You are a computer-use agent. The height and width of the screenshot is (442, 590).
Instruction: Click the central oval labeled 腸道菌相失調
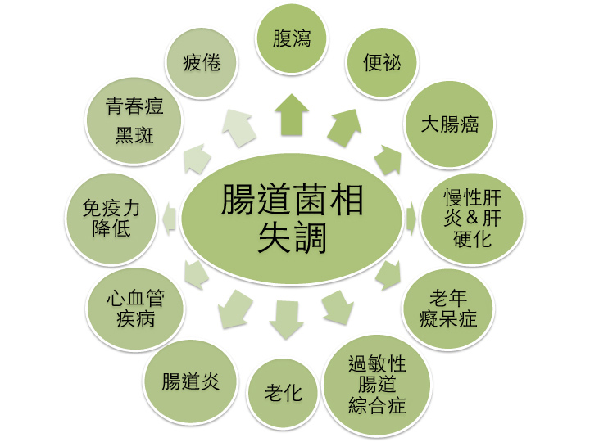292,219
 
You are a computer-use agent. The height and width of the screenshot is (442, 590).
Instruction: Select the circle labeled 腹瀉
292,38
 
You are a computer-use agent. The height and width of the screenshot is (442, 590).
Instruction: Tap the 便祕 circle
382,62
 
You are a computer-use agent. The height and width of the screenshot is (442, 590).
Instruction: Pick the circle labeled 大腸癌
450,124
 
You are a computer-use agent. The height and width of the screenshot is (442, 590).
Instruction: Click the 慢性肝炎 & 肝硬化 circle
473,219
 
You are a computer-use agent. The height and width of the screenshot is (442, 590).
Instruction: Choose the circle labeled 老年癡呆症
448,309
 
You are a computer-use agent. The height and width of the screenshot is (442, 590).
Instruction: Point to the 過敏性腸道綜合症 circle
378,385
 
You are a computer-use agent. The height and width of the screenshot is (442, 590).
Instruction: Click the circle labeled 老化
283,393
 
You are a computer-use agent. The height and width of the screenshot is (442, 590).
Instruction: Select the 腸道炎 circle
190,381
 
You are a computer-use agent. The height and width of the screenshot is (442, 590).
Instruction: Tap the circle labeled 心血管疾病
135,309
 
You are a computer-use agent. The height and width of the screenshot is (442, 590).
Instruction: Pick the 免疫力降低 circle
111,219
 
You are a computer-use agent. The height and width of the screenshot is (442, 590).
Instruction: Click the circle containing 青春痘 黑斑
134,121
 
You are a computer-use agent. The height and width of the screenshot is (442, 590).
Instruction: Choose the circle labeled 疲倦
202,62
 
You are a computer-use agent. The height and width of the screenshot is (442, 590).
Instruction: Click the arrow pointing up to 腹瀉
292,115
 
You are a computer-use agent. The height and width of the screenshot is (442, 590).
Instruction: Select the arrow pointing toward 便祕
344,128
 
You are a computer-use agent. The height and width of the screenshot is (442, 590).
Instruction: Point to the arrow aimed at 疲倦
238,128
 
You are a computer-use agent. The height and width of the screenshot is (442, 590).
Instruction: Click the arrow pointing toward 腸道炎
235,309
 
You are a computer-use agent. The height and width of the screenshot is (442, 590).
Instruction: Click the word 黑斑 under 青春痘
134,135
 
